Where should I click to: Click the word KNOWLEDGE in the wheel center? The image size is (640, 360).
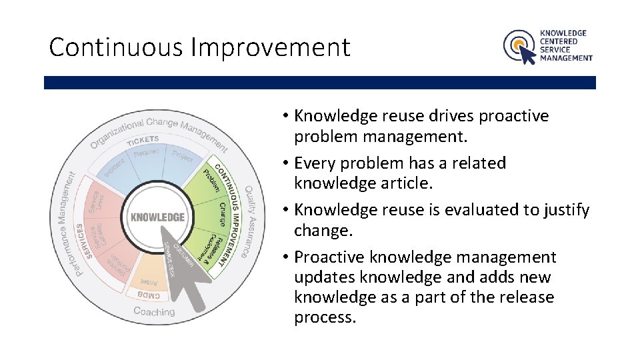157,217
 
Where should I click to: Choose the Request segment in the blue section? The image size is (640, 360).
147,153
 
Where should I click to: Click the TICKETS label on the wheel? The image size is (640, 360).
143,139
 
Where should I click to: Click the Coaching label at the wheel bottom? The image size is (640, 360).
154,311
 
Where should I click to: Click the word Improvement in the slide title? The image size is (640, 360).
270,47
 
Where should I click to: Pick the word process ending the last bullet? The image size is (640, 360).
325,317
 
